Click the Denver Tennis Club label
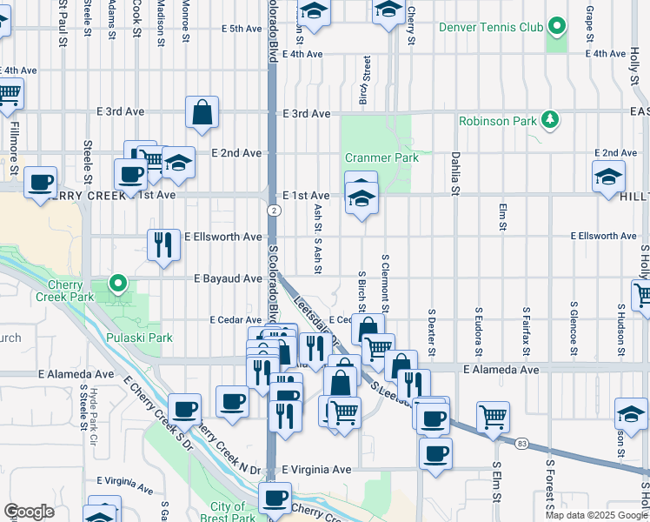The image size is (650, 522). (491, 27)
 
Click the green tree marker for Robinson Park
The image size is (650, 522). (549, 118)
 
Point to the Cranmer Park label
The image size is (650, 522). (381, 157)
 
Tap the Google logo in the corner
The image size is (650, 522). (29, 512)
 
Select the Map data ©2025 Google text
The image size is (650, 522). (595, 515)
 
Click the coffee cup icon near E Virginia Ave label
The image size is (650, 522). (275, 498)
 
